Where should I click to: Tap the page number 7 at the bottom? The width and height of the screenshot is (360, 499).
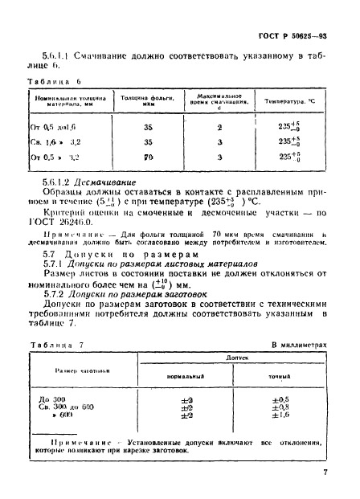[x=325, y=474]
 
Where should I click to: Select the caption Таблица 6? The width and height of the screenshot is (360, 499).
[x=51, y=82]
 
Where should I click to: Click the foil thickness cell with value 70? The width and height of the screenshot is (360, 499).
[x=149, y=159]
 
